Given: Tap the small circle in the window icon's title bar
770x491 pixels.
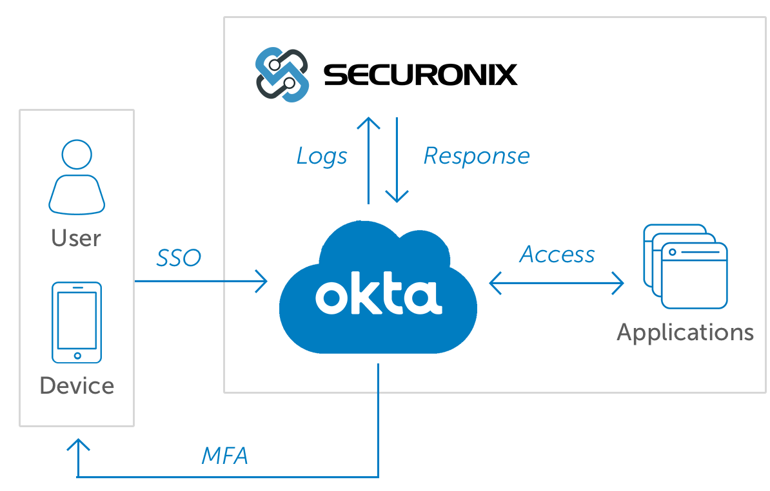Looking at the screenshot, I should pos(673,252).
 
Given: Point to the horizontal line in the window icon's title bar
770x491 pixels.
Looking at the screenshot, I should pos(700,252).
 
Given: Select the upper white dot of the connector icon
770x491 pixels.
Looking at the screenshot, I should pos(274,64).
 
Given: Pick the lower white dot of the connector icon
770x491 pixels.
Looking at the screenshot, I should pos(290,83).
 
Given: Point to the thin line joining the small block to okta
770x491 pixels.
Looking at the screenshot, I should pos(239,280).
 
